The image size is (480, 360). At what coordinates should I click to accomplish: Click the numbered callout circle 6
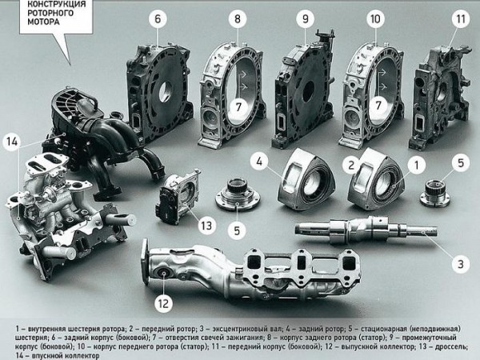(x=158, y=18)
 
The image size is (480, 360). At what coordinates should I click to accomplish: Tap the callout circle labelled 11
(x=461, y=18)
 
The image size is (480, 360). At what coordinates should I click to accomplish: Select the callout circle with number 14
(x=12, y=142)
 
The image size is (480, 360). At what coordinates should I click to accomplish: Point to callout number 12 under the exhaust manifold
(x=163, y=303)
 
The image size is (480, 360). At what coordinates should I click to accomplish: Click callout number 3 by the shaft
(x=461, y=264)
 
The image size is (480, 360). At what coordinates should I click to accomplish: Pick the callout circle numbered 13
(x=206, y=226)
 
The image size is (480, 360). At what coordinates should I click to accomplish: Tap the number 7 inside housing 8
(x=238, y=106)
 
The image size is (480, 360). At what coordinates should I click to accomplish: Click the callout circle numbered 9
(x=306, y=18)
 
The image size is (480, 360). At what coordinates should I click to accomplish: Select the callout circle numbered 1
(x=416, y=166)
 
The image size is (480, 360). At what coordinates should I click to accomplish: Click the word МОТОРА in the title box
(x=43, y=22)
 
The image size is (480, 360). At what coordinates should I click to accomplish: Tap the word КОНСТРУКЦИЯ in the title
(x=57, y=4)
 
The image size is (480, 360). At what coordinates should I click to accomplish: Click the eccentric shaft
(x=366, y=230)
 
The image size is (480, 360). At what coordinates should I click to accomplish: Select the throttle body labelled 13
(x=178, y=196)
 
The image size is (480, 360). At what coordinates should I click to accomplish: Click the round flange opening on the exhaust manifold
(x=163, y=274)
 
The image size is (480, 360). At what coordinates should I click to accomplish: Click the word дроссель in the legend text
(x=450, y=347)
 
